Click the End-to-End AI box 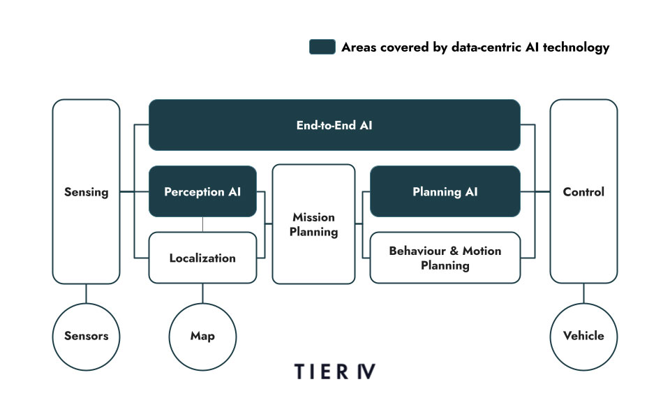(x=334, y=126)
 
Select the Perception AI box (x=202, y=191)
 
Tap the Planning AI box (x=445, y=191)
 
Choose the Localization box (x=202, y=258)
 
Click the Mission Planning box (x=313, y=224)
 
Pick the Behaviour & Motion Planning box (x=445, y=258)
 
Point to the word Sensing (x=86, y=191)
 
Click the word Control (x=583, y=191)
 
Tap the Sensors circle (x=86, y=336)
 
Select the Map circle (x=202, y=336)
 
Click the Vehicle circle (x=583, y=336)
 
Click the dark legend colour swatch (x=321, y=47)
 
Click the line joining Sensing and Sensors (x=86, y=293)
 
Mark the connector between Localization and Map (x=202, y=293)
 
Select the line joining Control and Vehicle (x=583, y=293)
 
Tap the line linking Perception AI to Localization (x=202, y=224)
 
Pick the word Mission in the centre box (x=313, y=217)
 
